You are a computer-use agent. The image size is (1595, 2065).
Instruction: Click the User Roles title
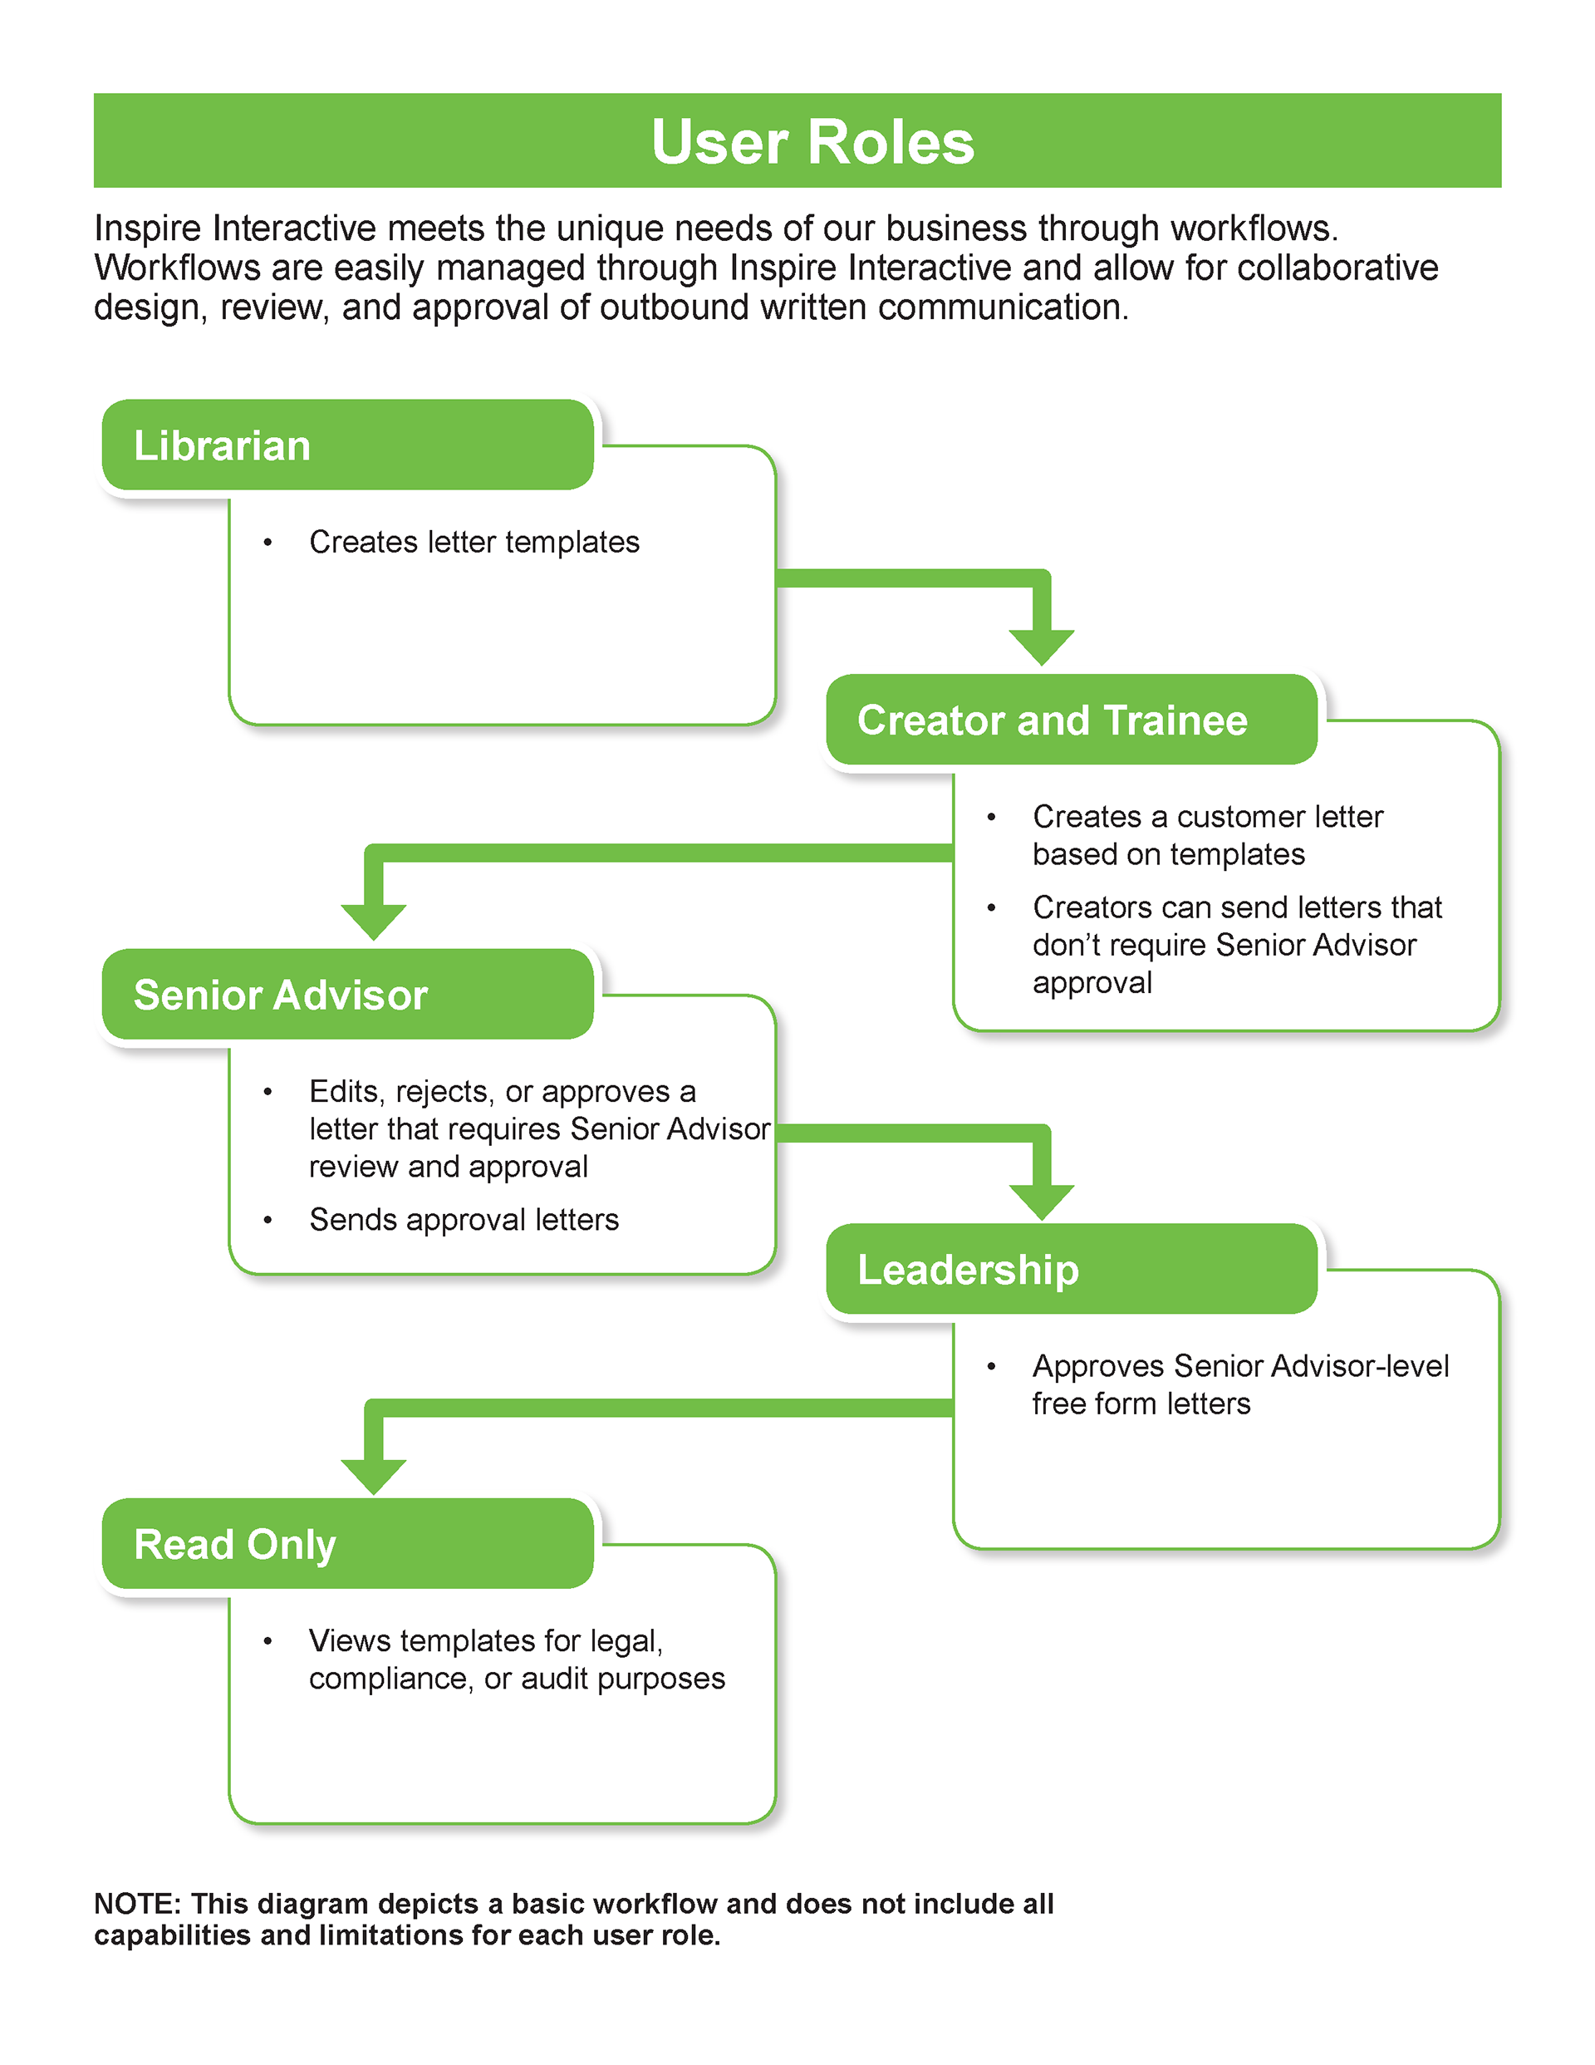[812, 143]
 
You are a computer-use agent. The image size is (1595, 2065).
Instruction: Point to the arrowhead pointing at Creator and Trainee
[1041, 647]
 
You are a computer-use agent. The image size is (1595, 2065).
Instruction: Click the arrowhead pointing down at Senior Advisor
[374, 921]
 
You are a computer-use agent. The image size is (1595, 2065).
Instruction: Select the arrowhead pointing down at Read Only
[374, 1476]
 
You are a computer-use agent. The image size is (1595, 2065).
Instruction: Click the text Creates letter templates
[474, 543]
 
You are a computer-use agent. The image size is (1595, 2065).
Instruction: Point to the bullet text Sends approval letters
[464, 1220]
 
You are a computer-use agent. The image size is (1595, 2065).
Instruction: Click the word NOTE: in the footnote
[136, 1903]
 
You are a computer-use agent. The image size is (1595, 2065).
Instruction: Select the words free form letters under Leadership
[1141, 1404]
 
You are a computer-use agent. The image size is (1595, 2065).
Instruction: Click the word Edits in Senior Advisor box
[345, 1091]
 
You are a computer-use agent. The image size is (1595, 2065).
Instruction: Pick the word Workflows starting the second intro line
[176, 268]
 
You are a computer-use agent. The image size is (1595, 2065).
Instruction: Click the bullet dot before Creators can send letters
[991, 907]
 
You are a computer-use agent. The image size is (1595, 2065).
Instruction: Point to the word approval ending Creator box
[1092, 983]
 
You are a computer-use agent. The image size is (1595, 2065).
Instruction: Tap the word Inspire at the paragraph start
[146, 229]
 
